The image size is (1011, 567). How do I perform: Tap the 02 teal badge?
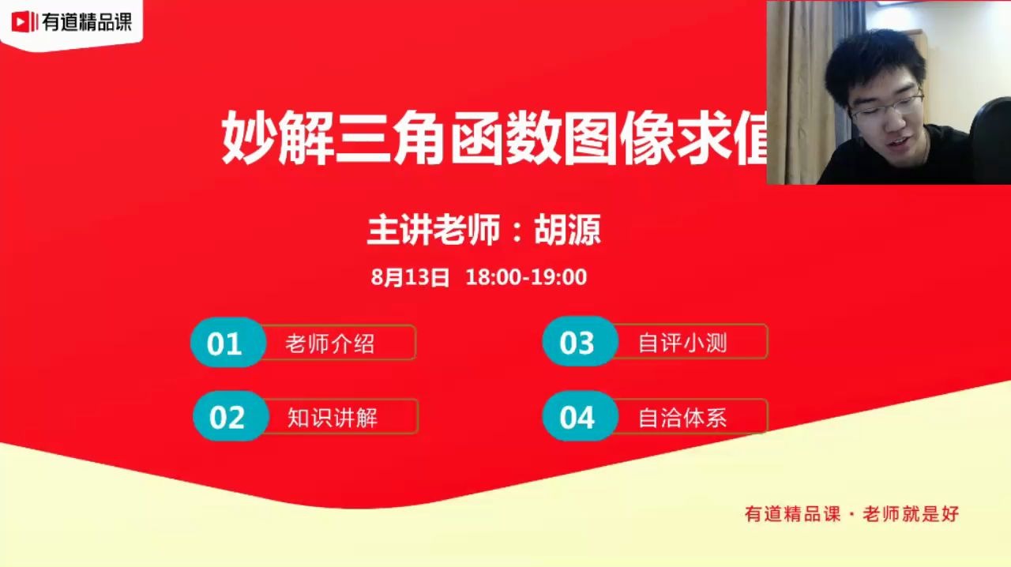pos(228,417)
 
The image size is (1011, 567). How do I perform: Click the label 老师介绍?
pos(330,344)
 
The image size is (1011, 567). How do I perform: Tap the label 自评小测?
pos(682,343)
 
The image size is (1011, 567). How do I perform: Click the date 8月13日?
pos(410,277)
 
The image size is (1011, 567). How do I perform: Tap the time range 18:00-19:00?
pos(526,277)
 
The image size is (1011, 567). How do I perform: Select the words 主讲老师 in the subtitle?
pos(434,231)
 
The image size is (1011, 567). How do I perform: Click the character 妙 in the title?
pos(247,139)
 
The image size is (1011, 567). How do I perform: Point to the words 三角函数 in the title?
pos(449,139)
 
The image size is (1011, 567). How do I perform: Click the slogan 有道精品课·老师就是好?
pos(851,513)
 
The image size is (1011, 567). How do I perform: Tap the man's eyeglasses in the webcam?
pos(886,105)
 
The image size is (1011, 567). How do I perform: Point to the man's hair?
pos(873,55)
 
